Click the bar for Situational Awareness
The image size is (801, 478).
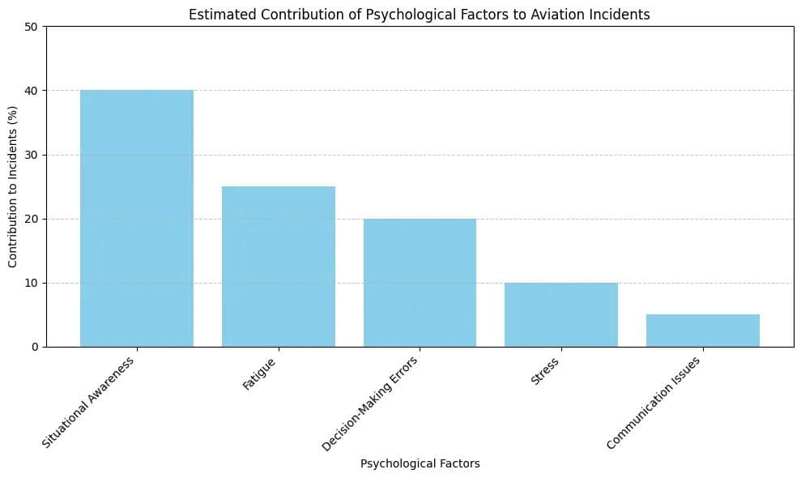[137, 218]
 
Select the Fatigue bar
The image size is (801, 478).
[278, 267]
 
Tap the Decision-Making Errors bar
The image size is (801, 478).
[420, 283]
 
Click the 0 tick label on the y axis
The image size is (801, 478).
[35, 347]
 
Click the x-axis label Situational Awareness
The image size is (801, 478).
[89, 402]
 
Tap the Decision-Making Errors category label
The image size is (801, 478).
[370, 403]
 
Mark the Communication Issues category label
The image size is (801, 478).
[654, 402]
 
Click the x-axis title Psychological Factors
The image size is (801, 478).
[420, 464]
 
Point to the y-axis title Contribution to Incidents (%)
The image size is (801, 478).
[13, 186]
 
